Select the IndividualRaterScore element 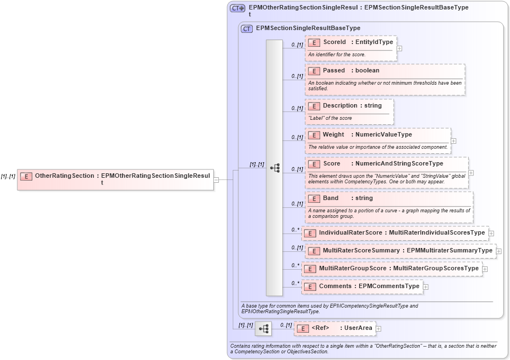click(395, 232)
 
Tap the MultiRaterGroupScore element click(391, 269)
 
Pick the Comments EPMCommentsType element click(362, 286)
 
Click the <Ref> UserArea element click(334, 328)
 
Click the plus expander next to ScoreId click(400, 48)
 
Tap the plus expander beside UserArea click(379, 329)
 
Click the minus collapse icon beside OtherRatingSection click(217, 179)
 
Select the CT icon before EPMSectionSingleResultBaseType click(247, 28)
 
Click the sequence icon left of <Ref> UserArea click(263, 329)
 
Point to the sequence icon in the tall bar click(274, 168)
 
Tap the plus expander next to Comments click(426, 287)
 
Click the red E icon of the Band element click(313, 198)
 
